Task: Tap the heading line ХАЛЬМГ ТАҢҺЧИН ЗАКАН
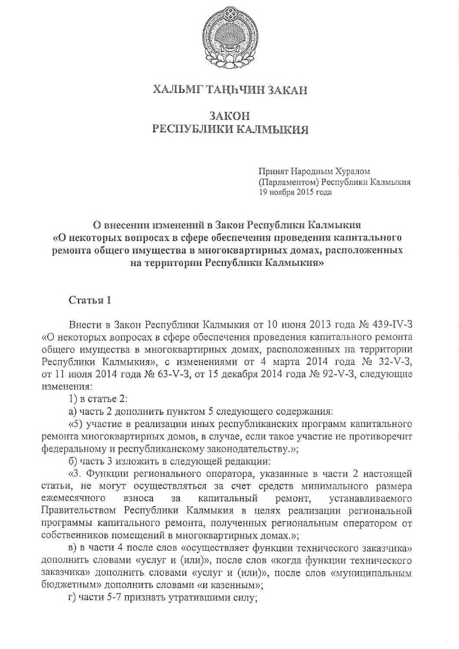[x=229, y=89]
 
